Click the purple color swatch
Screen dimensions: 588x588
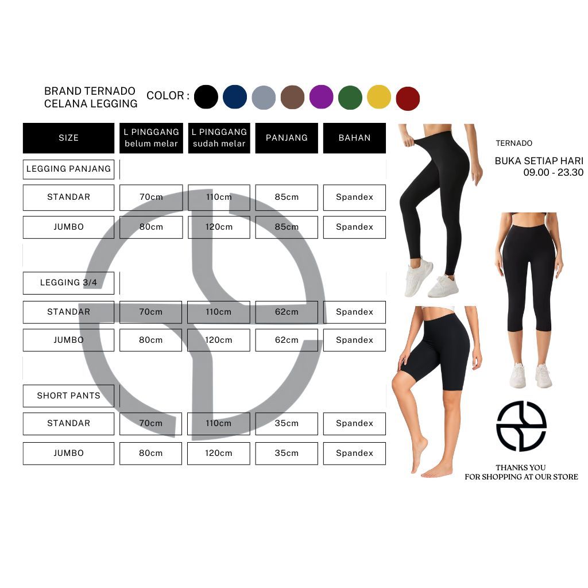[x=322, y=97]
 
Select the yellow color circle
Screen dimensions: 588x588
[x=379, y=97]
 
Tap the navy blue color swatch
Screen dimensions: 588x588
[x=235, y=97]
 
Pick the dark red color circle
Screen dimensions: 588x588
[x=408, y=98]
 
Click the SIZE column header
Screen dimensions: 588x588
[x=68, y=138]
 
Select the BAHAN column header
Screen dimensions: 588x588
[x=354, y=138]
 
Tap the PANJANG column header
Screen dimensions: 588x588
[x=287, y=138]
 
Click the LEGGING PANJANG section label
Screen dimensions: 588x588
[x=68, y=169]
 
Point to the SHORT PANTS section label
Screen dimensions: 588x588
[x=68, y=396]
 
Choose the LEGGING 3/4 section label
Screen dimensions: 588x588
[x=68, y=283]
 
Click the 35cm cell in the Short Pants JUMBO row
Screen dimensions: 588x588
[x=287, y=453]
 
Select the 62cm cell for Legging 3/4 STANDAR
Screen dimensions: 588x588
[x=287, y=312]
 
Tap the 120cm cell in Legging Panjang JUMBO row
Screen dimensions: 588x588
[x=219, y=227]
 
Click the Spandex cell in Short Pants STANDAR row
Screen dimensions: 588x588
[x=354, y=423]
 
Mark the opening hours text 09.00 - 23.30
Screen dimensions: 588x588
[x=553, y=172]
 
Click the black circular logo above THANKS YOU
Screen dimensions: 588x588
[x=521, y=426]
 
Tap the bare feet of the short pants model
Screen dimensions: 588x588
[x=428, y=463]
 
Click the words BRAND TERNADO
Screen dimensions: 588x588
[x=90, y=91]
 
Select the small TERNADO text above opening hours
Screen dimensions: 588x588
[x=514, y=144]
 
